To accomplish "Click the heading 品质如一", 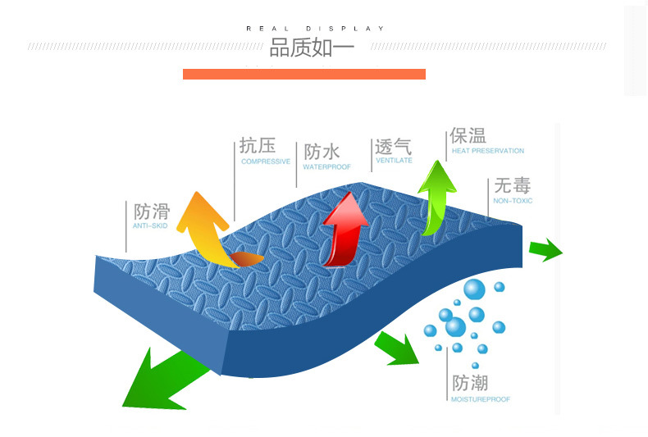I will [312, 48].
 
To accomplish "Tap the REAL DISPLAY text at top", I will [316, 29].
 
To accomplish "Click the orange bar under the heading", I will [303, 74].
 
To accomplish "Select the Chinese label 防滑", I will [151, 211].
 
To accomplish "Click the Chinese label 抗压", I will [257, 146].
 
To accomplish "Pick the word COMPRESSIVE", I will [265, 162].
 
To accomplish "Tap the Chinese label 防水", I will [322, 152].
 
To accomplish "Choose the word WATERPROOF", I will [326, 166].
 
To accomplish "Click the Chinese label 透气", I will [393, 147].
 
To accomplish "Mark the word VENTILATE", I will [394, 162].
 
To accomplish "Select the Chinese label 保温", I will [468, 135].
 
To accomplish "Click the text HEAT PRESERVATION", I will [487, 151].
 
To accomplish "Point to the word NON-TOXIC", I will [513, 200].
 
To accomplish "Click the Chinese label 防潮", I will [470, 383].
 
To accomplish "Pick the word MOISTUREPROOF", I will [481, 399].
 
